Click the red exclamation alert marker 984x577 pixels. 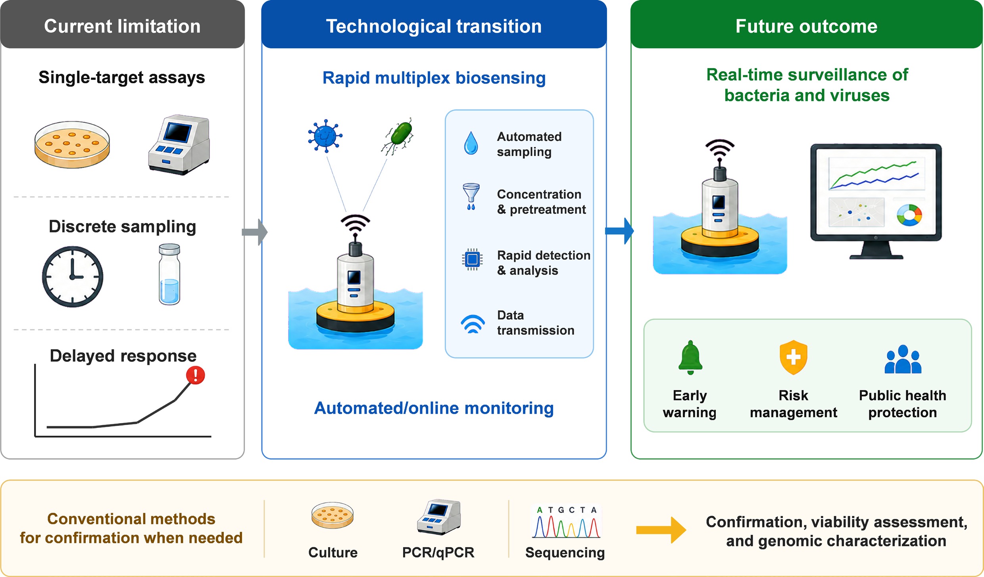196,375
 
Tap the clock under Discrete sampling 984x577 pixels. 73,276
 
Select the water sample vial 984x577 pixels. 169,274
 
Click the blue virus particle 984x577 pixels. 325,136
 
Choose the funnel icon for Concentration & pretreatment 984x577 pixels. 471,196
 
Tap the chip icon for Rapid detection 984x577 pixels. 472,259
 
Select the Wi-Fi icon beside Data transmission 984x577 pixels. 473,324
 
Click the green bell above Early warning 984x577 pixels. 690,357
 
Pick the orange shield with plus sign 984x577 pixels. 793,357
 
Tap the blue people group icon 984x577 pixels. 903,359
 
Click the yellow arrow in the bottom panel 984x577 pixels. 661,530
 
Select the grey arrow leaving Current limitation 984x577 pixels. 255,232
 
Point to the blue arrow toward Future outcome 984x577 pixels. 619,231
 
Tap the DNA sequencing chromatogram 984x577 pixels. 566,522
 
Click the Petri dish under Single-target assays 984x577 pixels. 72,145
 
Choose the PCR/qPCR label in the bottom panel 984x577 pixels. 438,552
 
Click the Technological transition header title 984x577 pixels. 434,26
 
